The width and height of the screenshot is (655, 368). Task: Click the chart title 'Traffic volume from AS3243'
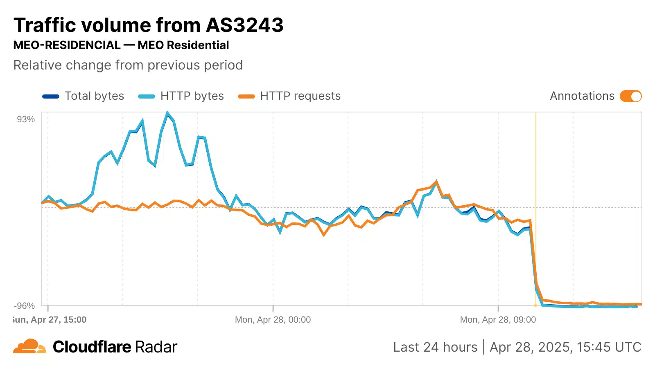(148, 25)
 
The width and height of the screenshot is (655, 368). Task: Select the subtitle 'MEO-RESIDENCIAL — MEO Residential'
(121, 45)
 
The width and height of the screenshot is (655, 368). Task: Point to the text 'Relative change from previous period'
(128, 65)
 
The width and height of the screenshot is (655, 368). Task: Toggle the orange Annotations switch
(630, 96)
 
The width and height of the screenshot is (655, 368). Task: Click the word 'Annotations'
(582, 96)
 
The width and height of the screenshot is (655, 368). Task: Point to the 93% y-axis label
(26, 119)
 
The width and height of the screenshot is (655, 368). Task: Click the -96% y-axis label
(25, 306)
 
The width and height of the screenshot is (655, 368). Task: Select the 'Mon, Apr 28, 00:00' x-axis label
(273, 320)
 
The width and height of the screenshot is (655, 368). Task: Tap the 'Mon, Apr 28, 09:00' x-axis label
(498, 320)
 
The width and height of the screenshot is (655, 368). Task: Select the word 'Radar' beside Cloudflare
(156, 347)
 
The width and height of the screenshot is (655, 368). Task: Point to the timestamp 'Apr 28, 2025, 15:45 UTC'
(565, 347)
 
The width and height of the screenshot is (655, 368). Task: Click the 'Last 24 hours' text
(435, 347)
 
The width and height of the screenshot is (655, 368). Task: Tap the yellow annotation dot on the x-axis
(535, 305)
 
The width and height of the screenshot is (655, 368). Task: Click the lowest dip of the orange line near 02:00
(324, 235)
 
